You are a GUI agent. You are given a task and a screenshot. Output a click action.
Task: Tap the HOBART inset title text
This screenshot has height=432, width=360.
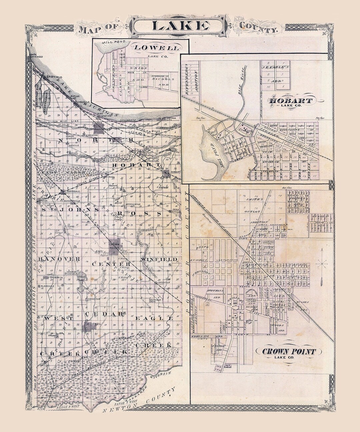tap(291, 101)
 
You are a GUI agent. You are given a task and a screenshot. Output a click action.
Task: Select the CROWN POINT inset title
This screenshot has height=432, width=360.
tap(288, 351)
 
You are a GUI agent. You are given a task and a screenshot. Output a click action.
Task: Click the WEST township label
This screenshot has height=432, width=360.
tap(59, 318)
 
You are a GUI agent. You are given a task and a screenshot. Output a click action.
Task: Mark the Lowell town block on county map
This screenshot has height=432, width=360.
tap(89, 326)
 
